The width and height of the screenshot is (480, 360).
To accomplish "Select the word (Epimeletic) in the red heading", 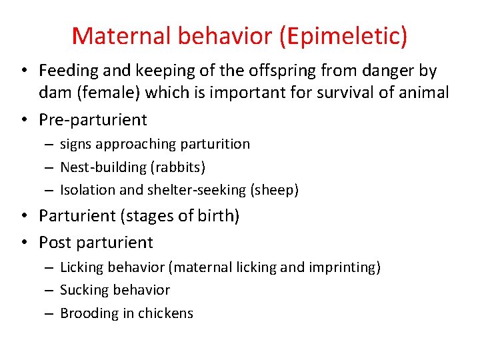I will [345, 35].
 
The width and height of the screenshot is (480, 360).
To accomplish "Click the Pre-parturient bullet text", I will [93, 120].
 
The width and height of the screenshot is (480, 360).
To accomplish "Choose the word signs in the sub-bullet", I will [75, 144].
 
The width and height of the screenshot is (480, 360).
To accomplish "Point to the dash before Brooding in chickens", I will [50, 314].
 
